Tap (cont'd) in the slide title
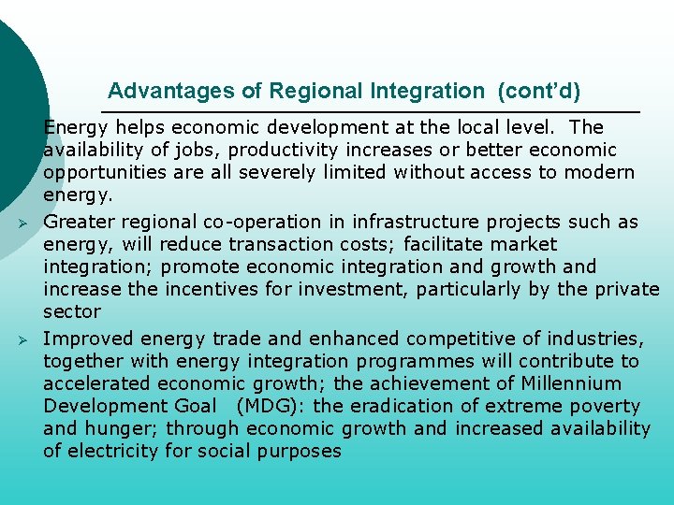[x=539, y=92]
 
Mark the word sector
[x=72, y=311]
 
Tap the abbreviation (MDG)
[x=273, y=407]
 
